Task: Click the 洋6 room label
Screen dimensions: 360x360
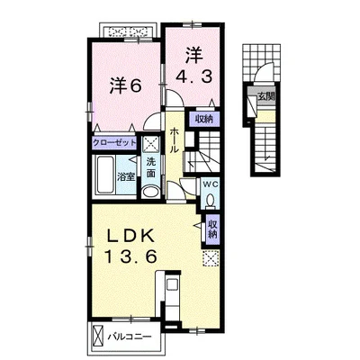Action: [x=125, y=86]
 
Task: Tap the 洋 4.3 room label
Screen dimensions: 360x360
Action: [x=194, y=65]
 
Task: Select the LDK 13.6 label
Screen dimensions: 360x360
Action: [x=130, y=247]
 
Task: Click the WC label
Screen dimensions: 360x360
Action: [x=210, y=184]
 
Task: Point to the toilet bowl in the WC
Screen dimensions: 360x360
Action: [x=211, y=200]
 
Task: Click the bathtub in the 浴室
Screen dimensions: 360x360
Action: [x=105, y=175]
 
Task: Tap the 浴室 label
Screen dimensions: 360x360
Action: [x=125, y=177]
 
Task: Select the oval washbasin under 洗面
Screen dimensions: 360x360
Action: [x=151, y=192]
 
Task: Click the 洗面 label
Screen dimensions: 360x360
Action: [x=151, y=167]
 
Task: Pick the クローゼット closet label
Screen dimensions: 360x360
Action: [x=114, y=142]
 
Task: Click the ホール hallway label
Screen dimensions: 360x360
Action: [x=175, y=140]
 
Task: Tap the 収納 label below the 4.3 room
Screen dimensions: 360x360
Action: [x=204, y=119]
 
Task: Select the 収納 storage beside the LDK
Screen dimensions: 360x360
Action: [x=212, y=229]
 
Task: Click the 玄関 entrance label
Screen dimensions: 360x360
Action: [x=266, y=96]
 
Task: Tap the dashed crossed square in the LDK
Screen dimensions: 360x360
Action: [x=211, y=258]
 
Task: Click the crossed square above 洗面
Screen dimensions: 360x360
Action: [x=151, y=145]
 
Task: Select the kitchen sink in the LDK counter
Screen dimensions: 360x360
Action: [x=173, y=284]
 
